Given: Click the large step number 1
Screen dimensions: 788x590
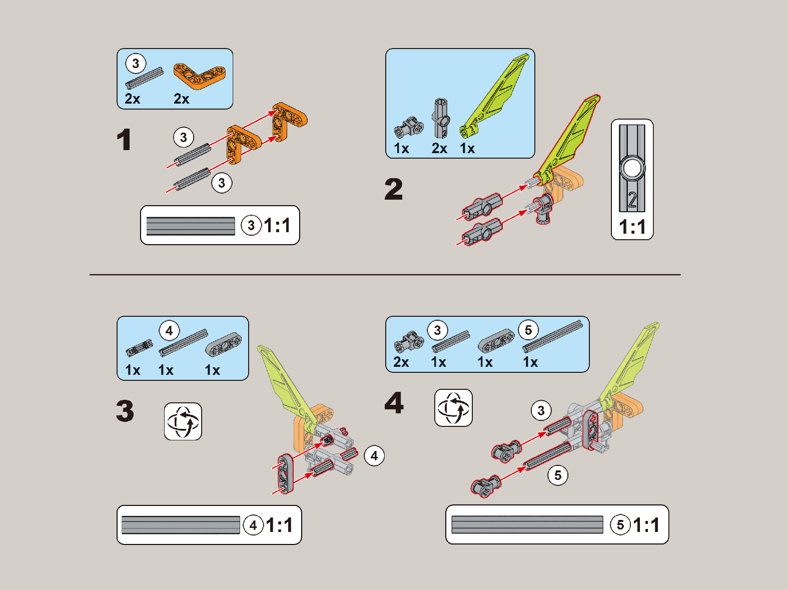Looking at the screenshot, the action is click(124, 140).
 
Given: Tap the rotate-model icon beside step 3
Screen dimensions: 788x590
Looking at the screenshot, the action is click(183, 421).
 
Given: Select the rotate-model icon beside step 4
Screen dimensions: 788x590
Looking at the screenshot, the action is click(453, 408).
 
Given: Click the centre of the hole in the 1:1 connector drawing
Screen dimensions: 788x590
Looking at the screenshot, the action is click(632, 168).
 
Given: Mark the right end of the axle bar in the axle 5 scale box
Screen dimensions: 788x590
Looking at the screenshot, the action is click(603, 524).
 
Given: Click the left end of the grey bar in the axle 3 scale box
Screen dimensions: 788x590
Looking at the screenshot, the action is click(147, 226).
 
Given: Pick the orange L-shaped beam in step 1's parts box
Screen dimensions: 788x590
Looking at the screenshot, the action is click(200, 76).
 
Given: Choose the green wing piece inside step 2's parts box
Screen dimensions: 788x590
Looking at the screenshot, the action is click(494, 96).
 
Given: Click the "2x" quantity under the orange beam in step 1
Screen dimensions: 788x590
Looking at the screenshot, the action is click(181, 99).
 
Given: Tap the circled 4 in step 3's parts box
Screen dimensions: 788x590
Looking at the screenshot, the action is click(169, 330).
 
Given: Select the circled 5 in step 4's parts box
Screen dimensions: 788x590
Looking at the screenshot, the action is click(528, 330).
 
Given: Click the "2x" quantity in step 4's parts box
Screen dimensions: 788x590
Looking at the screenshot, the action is click(401, 362).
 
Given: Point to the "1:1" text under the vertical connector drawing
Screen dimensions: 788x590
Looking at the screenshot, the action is click(632, 227).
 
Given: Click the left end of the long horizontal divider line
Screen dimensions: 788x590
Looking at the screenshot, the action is click(90, 275).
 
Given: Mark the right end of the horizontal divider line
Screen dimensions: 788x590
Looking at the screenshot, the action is click(680, 275).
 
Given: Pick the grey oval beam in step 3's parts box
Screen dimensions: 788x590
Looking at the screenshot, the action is click(223, 344).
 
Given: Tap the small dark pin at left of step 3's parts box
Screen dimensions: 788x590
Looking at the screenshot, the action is click(139, 348).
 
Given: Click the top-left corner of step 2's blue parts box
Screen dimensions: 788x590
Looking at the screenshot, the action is click(386, 49).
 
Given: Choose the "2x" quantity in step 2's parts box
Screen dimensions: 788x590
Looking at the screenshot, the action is click(439, 148).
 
